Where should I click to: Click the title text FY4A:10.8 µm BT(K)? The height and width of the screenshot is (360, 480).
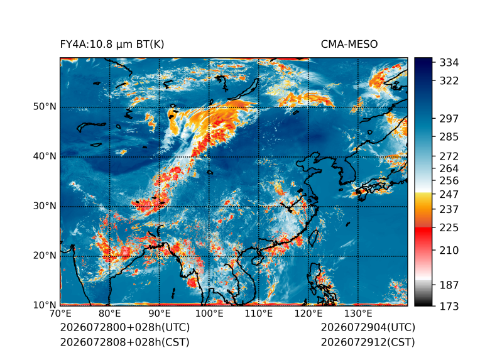coord(112,45)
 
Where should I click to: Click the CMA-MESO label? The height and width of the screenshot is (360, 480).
coord(349,45)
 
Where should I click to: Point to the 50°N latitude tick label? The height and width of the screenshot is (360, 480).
coord(45,107)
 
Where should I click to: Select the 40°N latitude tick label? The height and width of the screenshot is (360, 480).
coord(45,156)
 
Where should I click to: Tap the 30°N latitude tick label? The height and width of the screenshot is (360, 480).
coord(45,206)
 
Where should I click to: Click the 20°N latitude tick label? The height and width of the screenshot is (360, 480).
coord(45,256)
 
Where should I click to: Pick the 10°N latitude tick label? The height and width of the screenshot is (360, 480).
coord(45,305)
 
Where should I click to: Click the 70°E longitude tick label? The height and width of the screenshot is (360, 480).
coord(60,314)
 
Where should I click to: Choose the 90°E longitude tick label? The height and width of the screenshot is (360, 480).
coord(159,314)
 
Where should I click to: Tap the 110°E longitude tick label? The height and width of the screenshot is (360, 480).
coord(259,314)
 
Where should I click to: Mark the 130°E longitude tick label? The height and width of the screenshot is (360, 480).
coord(358,314)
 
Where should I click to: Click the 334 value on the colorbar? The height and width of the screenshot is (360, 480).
coord(449,63)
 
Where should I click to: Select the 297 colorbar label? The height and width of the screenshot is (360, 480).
coord(449,119)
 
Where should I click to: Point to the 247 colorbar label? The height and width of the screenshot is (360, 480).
coord(449,194)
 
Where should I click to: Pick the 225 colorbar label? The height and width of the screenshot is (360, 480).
coord(449,228)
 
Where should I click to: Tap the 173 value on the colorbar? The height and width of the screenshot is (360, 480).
coord(449,306)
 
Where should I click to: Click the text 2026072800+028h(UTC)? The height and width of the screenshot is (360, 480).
coord(125,327)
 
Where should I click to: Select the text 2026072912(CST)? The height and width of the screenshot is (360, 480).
coord(368,342)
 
